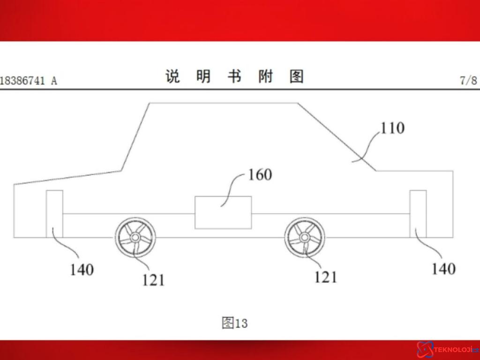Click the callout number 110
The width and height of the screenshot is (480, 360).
(x=392, y=128)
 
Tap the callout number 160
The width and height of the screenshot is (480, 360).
(x=260, y=175)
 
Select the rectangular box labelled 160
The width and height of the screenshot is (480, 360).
(x=223, y=212)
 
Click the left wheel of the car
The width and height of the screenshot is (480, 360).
(x=135, y=237)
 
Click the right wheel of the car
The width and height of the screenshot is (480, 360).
(x=305, y=237)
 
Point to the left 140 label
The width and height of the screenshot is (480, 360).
(x=82, y=270)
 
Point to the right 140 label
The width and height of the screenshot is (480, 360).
(x=443, y=269)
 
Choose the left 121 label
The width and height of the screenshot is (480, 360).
(x=153, y=280)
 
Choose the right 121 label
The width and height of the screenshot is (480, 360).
(x=326, y=277)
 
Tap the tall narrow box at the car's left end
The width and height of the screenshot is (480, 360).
(x=54, y=214)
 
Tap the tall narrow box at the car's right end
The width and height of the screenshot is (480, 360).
(x=418, y=214)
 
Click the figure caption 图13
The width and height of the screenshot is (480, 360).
(x=234, y=323)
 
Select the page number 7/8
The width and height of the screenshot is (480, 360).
(x=468, y=80)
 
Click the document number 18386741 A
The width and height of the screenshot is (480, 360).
(x=29, y=81)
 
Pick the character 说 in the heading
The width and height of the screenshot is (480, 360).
(x=172, y=76)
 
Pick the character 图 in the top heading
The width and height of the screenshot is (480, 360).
(x=296, y=76)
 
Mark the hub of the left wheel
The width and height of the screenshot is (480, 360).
(x=135, y=237)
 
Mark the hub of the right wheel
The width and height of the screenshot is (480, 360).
(x=305, y=237)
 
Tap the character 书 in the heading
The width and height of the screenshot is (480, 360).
(x=234, y=76)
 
